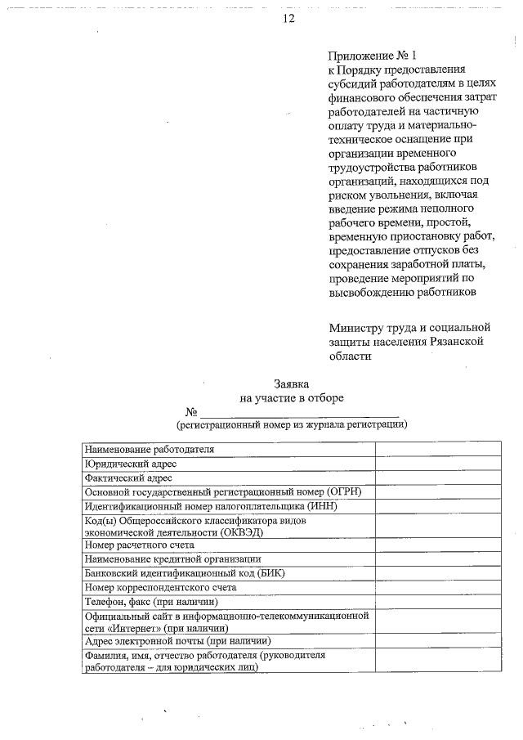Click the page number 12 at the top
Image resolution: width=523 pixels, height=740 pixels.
point(288,19)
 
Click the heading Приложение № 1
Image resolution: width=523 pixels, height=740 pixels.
point(372,56)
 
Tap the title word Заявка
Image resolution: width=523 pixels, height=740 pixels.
point(292,383)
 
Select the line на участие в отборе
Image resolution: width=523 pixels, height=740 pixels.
point(292,397)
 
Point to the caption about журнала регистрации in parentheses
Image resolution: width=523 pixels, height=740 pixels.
point(292,425)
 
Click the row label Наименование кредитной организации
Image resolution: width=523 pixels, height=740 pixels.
point(173,558)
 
